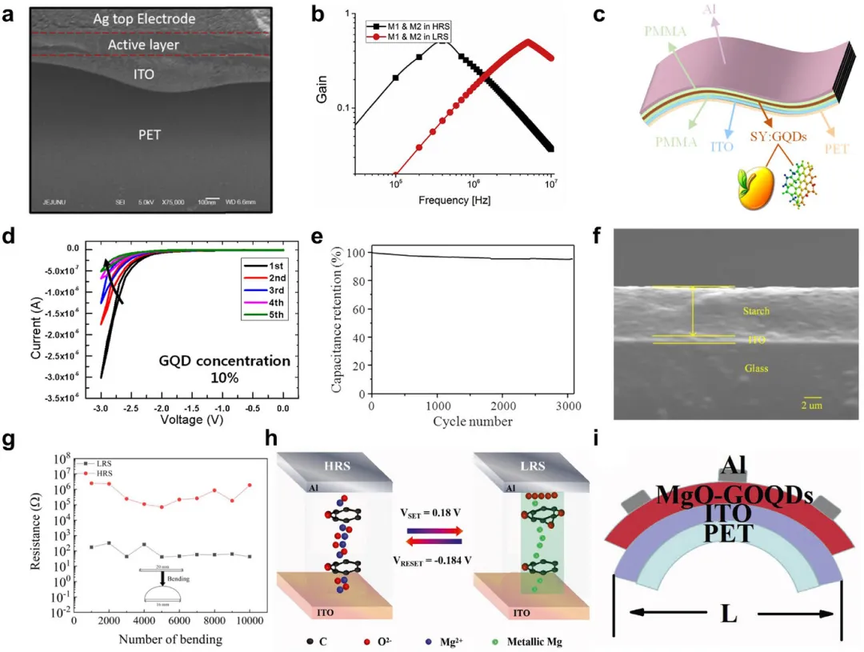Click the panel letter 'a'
click(9, 14)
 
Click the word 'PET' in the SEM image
click(149, 134)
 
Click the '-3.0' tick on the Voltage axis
click(102, 407)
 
